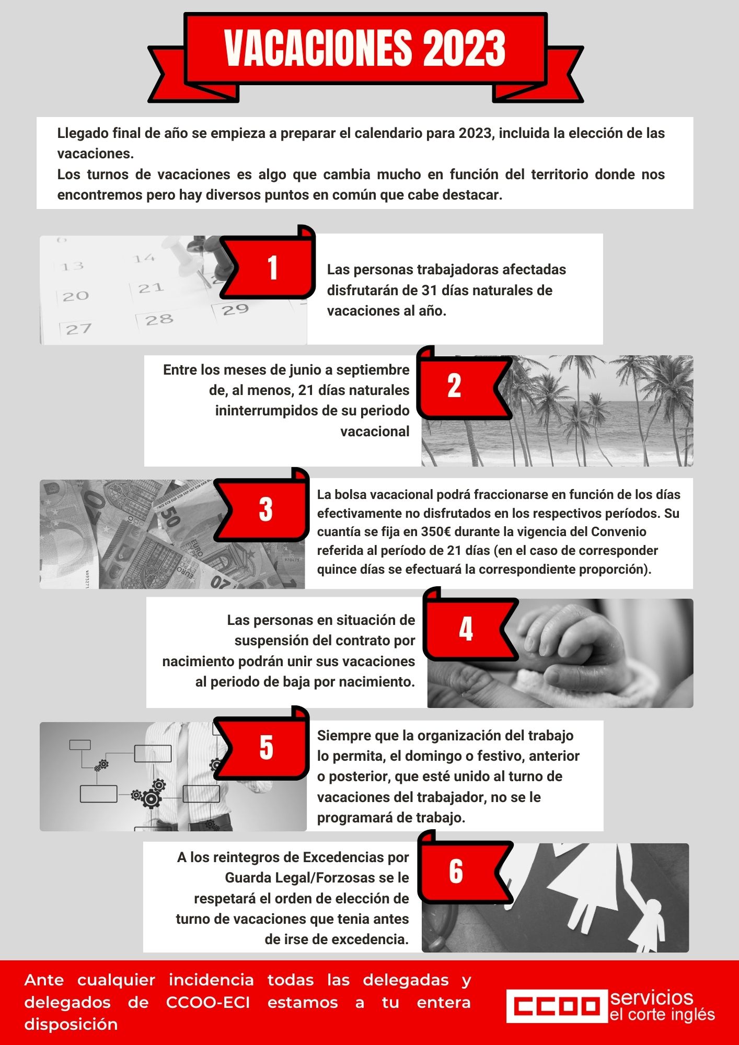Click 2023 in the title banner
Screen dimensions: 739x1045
click(x=465, y=48)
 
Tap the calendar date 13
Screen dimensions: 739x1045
click(x=72, y=266)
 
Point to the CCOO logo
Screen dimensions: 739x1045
click(x=555, y=1005)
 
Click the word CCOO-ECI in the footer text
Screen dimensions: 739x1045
click(x=208, y=1003)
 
